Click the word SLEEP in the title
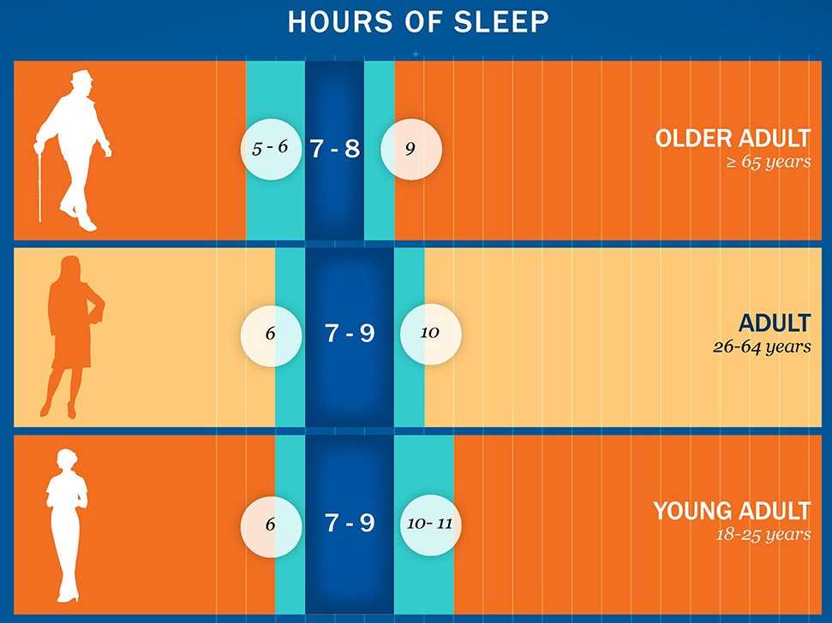coord(501,22)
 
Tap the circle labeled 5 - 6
coord(271,149)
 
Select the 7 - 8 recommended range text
coord(335,148)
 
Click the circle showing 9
coord(411,149)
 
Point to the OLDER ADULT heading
coord(733,139)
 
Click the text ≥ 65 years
coord(769,162)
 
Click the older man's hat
coord(82,77)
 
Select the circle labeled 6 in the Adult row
coord(271,335)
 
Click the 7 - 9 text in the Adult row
coord(350,333)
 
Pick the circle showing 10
coord(430,335)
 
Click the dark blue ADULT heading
coord(775,323)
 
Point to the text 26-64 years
coord(762,347)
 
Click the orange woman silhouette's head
coord(70,268)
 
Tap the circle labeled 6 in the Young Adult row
coord(271,525)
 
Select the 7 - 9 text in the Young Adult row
coord(350,523)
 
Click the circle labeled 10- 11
coord(430,525)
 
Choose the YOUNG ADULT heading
coord(733,511)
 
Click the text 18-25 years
coord(763,534)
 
